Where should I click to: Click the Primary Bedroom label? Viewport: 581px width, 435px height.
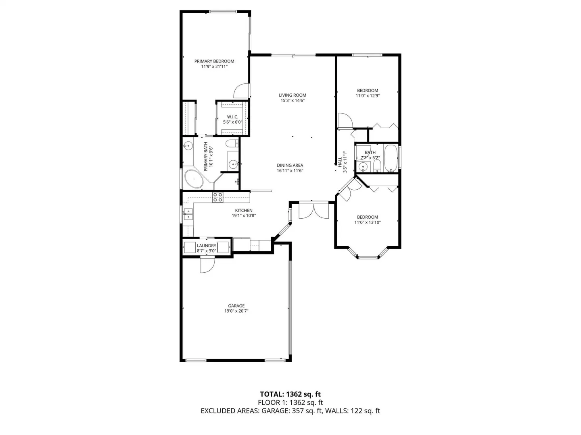[214, 61]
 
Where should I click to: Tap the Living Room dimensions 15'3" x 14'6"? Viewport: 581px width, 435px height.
[293, 100]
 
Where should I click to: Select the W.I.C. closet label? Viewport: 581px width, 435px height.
[232, 117]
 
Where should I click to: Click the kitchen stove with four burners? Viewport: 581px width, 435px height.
[217, 197]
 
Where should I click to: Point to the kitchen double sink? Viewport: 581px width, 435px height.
[188, 214]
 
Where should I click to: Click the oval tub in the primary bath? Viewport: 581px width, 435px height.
[194, 179]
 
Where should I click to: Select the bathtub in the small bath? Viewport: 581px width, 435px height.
[391, 158]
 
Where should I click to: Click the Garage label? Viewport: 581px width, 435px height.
[236, 306]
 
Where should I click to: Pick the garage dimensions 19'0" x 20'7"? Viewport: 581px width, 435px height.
[236, 311]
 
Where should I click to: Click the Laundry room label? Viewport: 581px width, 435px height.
[207, 246]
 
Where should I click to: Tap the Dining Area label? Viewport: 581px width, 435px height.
[290, 165]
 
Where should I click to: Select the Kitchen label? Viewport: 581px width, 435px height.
[244, 211]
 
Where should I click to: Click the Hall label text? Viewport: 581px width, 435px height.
[340, 162]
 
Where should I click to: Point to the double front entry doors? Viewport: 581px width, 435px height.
[313, 211]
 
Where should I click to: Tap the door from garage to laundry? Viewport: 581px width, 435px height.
[207, 265]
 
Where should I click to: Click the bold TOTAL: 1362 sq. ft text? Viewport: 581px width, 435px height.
[290, 394]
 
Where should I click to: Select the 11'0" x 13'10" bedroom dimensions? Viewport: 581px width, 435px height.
[368, 222]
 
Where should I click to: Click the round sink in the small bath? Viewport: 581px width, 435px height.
[362, 166]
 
